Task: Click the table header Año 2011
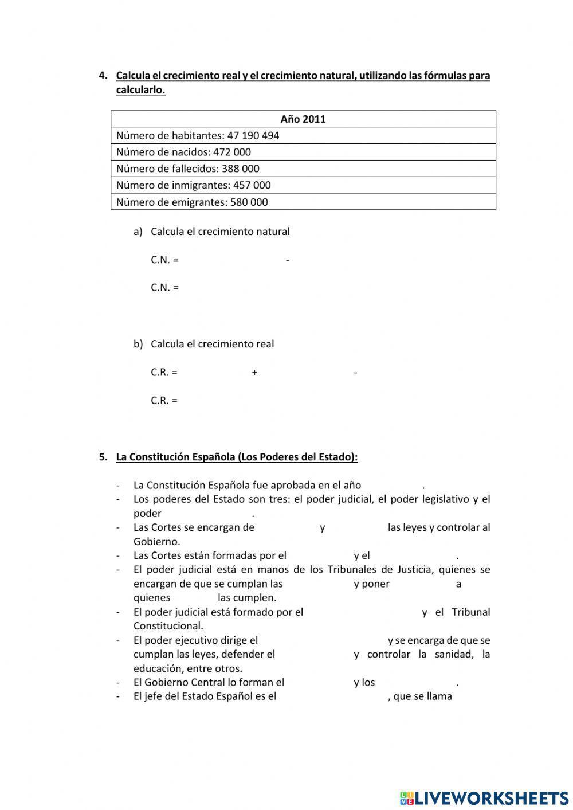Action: [x=303, y=119]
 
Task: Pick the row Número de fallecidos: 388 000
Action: [x=188, y=169]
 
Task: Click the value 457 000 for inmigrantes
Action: [x=252, y=185]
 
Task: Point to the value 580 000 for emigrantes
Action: [x=249, y=202]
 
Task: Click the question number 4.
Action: [x=103, y=76]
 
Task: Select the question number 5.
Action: [x=103, y=457]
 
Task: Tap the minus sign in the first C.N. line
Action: [x=287, y=260]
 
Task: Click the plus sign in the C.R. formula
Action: [x=254, y=373]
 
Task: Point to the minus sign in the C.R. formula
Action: [x=356, y=373]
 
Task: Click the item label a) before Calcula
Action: [x=138, y=232]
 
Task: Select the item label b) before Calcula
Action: [x=138, y=344]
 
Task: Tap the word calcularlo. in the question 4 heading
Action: [x=140, y=90]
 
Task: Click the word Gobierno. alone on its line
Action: [x=156, y=541]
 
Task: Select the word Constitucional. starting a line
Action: [x=168, y=626]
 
